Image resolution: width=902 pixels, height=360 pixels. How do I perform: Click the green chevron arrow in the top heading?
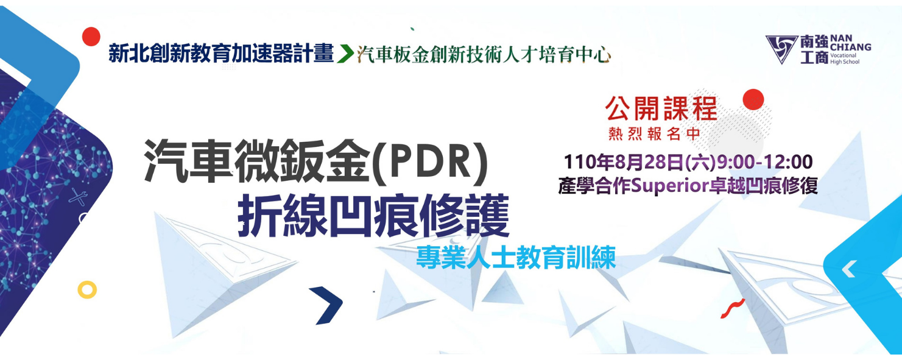pos(345,54)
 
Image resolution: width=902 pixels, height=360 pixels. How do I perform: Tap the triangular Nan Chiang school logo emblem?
pos(781,49)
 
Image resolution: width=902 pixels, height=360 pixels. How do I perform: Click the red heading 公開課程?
pos(661,108)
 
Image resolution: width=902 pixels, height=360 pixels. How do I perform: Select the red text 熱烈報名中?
pos(654,134)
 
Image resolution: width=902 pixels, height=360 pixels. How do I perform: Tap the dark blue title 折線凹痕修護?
pos(373,216)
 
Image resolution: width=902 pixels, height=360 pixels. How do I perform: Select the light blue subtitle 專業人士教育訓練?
pos(516,257)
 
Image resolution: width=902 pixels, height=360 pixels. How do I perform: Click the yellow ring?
pos(87,289)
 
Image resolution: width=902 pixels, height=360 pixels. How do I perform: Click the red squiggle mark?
pos(733,309)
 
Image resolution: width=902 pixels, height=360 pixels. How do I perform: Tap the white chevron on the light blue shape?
pos(849,269)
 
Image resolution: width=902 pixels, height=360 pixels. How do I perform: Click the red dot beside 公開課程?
pos(753,99)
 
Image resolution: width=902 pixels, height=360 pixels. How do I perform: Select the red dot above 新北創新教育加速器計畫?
pos(91,36)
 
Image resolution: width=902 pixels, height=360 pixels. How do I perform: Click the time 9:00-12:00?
pos(765,162)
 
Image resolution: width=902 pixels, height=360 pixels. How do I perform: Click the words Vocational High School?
pos(845,58)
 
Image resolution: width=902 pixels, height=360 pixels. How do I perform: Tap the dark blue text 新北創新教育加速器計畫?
pos(221,54)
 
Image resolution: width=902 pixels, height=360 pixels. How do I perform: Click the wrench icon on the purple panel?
pos(78,197)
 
